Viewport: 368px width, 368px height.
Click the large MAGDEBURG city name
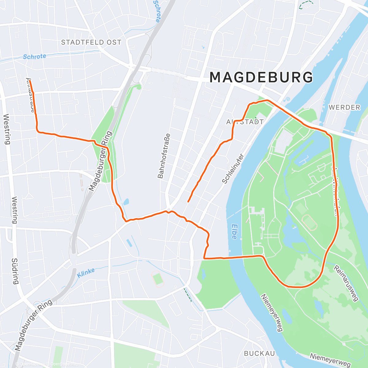click(x=261, y=77)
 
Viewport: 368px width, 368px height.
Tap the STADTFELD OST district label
click(x=91, y=42)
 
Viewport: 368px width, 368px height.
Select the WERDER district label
click(x=344, y=107)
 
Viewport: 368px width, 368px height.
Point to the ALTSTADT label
click(x=245, y=122)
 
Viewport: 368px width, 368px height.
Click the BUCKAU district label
click(x=259, y=354)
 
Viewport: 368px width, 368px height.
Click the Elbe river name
click(x=234, y=232)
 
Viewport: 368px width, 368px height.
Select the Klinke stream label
click(x=86, y=273)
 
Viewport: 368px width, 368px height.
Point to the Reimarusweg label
click(x=346, y=283)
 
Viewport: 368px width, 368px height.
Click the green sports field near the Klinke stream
click(x=158, y=279)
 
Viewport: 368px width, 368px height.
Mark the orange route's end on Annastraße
click(x=30, y=81)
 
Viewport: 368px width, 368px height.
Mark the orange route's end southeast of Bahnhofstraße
click(x=188, y=201)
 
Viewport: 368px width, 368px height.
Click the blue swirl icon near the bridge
click(x=287, y=100)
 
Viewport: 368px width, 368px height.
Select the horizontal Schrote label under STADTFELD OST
click(x=34, y=57)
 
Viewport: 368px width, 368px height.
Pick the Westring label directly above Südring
click(x=15, y=210)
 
